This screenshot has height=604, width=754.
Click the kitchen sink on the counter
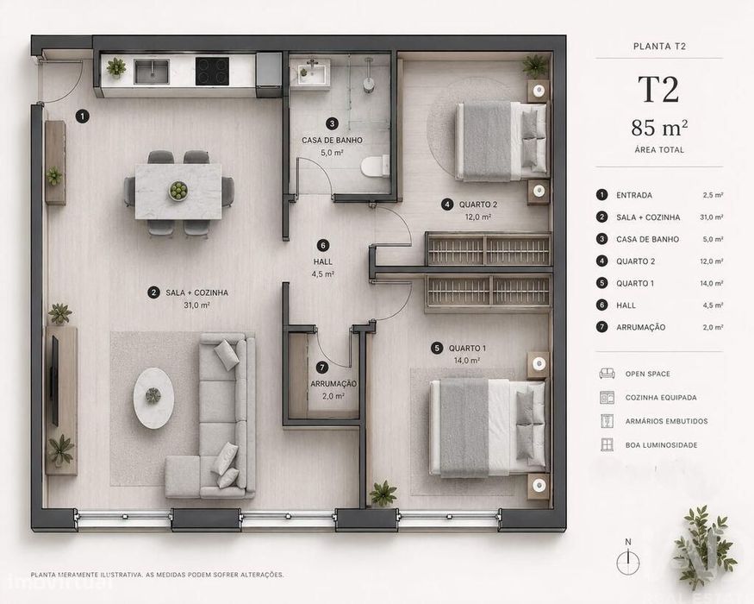point(152,72)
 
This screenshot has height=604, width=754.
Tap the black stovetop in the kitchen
point(212,72)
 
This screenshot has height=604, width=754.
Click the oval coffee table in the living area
point(153,398)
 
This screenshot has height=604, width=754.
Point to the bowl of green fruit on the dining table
point(178,191)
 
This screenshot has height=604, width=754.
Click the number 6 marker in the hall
point(323,246)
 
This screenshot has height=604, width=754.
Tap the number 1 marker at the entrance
point(83,116)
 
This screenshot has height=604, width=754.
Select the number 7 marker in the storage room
point(321,368)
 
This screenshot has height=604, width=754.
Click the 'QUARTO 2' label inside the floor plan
point(478,204)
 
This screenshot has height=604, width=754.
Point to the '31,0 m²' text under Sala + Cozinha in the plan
point(196,305)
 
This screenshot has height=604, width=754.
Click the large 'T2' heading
point(658,90)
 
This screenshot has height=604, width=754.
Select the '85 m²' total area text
point(659,128)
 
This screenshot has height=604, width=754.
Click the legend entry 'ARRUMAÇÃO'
point(641,327)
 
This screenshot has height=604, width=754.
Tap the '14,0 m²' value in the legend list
point(712,283)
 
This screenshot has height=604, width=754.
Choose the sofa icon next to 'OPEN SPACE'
point(607,374)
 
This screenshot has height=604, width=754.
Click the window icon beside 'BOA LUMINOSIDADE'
point(607,444)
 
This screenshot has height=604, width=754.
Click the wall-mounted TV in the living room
point(55,381)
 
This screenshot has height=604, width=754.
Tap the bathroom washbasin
point(310,73)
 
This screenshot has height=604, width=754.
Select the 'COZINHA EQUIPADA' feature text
point(661,398)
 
